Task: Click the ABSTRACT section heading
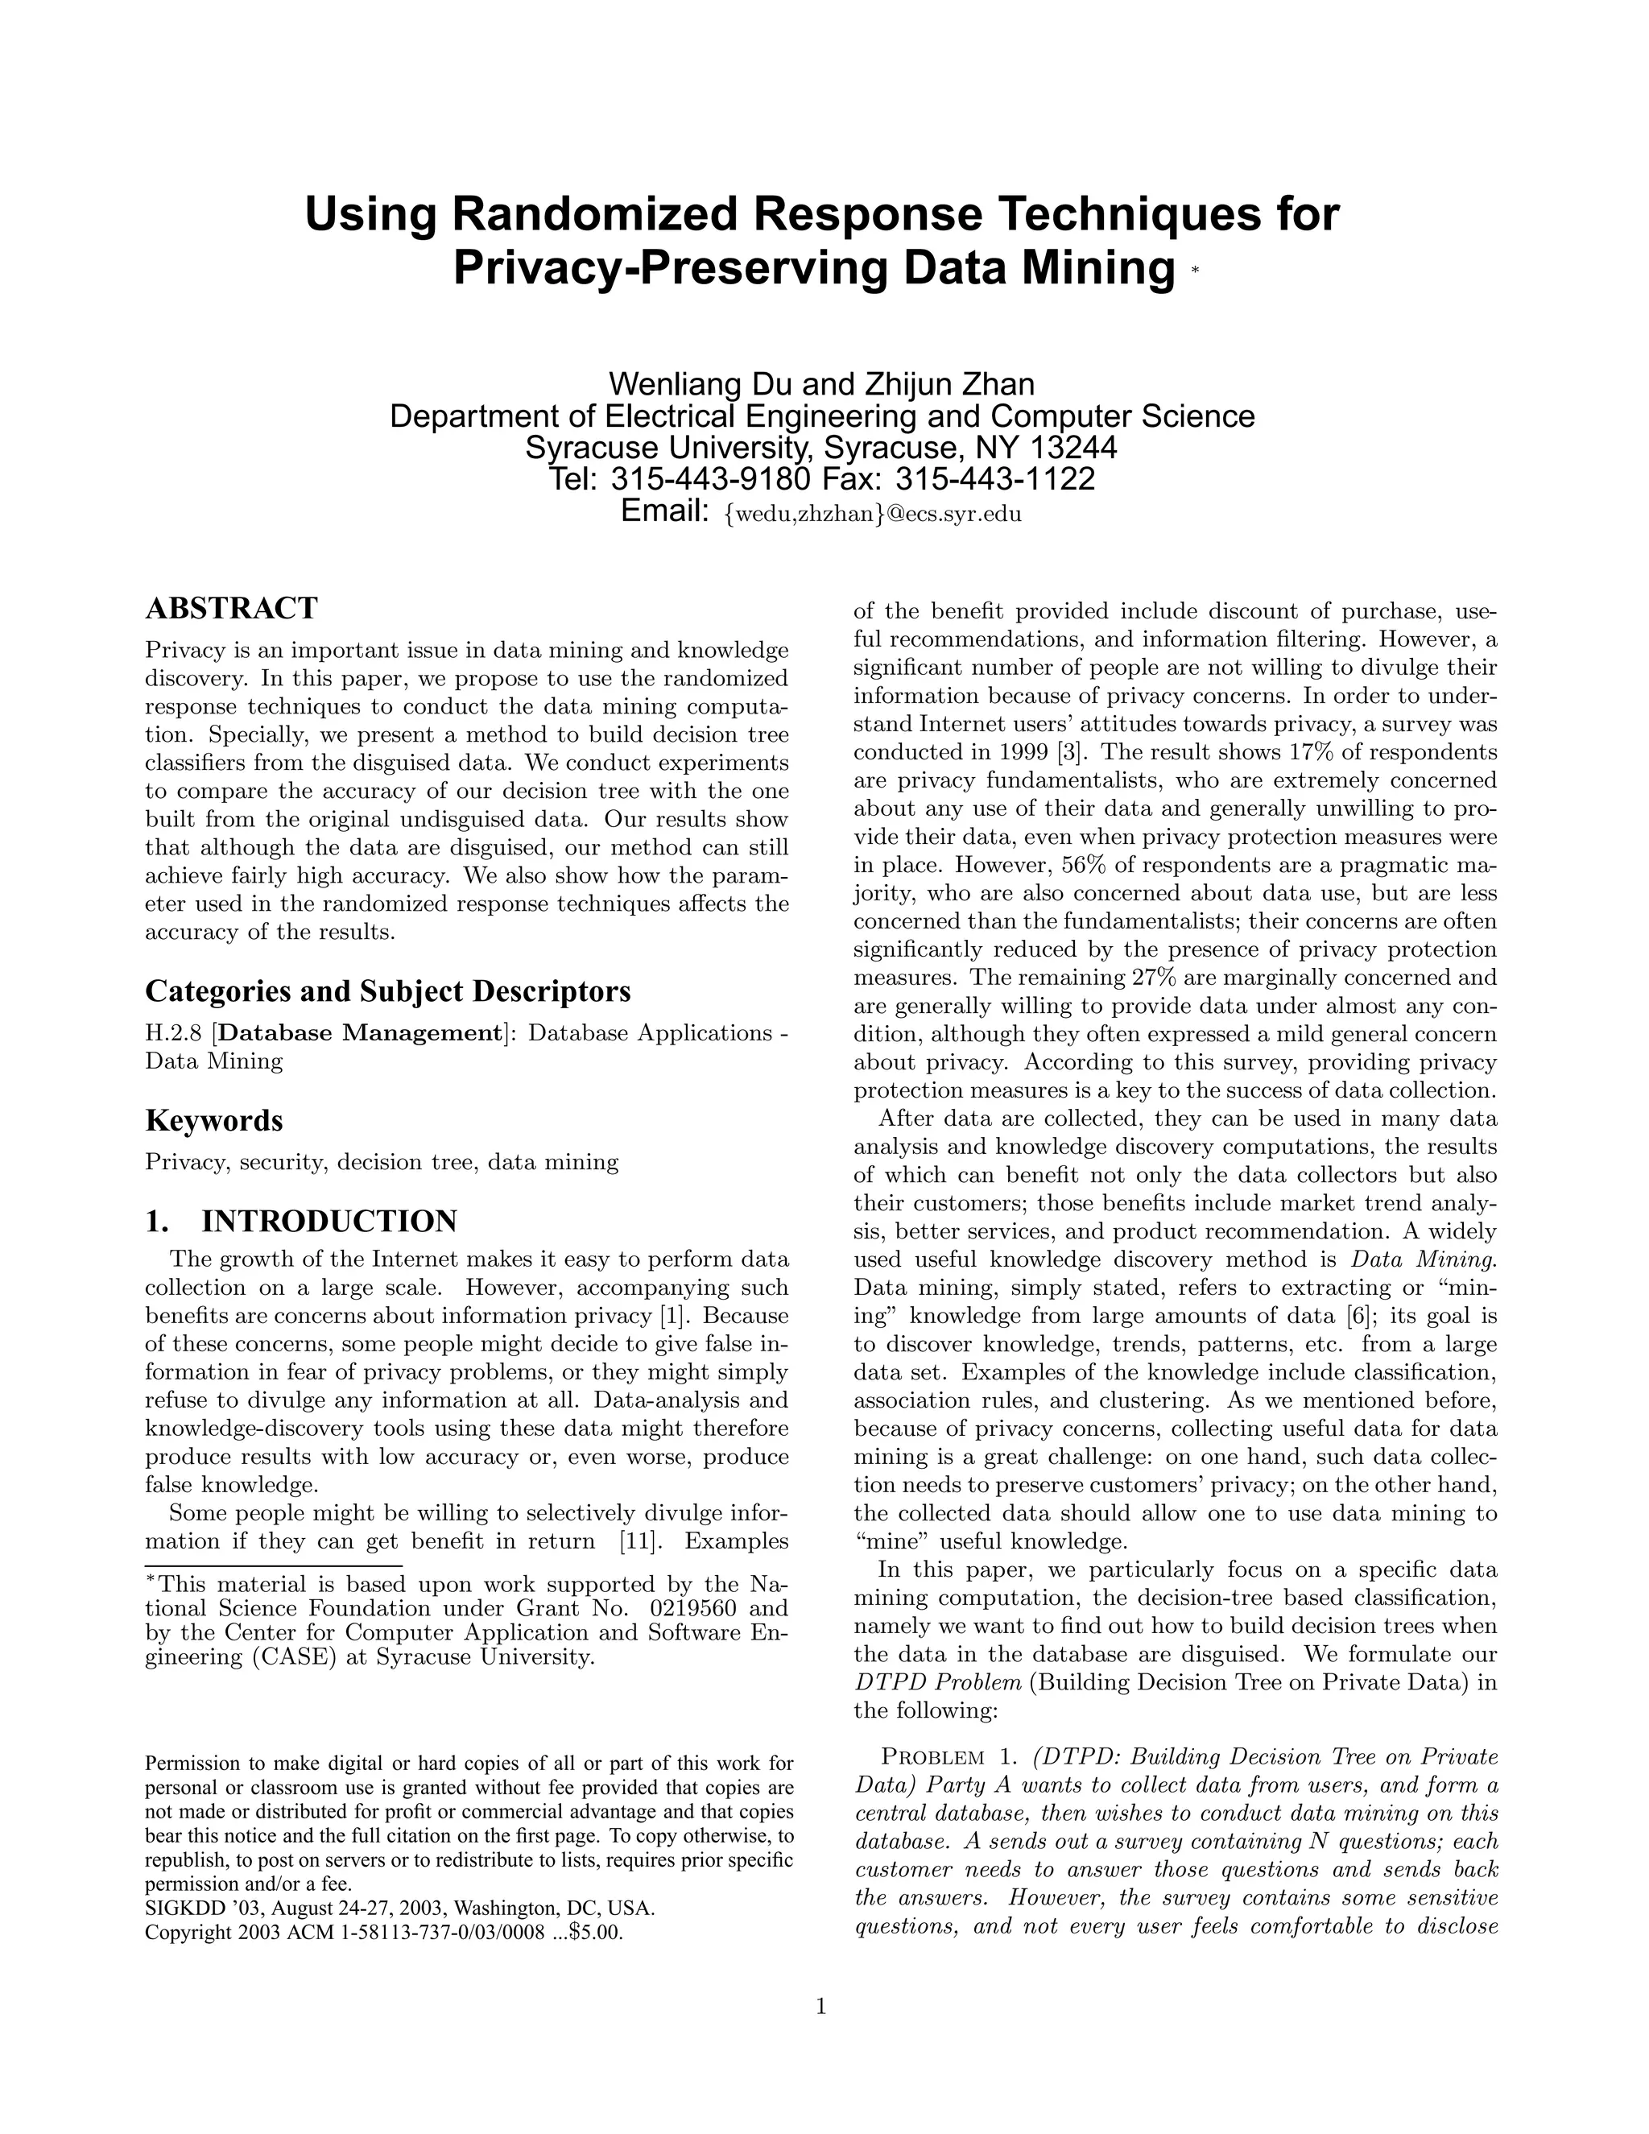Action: coord(232,608)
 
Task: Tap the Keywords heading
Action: coord(214,1120)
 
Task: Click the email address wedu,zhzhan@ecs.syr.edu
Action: coord(872,514)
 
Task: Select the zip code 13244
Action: coord(1070,448)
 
